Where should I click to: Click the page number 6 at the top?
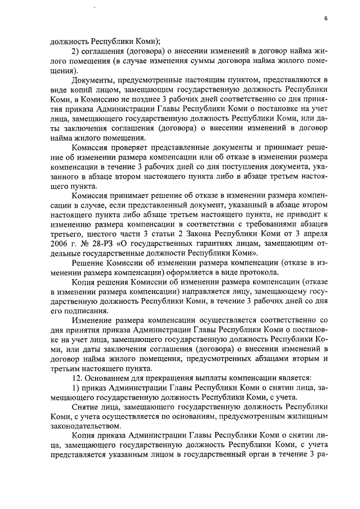tap(326, 19)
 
